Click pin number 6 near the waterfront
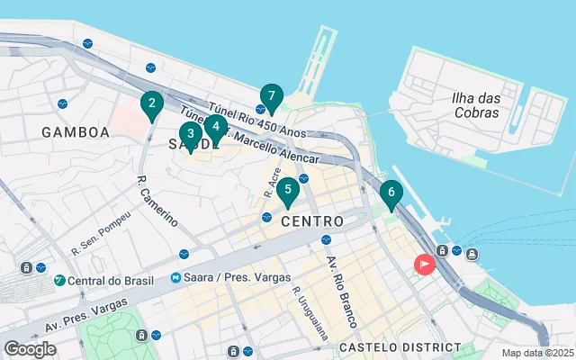pos(391,193)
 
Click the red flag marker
pos(423,264)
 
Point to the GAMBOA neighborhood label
pos(76,132)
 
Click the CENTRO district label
pos(311,220)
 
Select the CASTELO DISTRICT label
pos(400,347)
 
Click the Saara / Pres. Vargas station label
pos(229,277)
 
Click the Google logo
pos(31,348)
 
